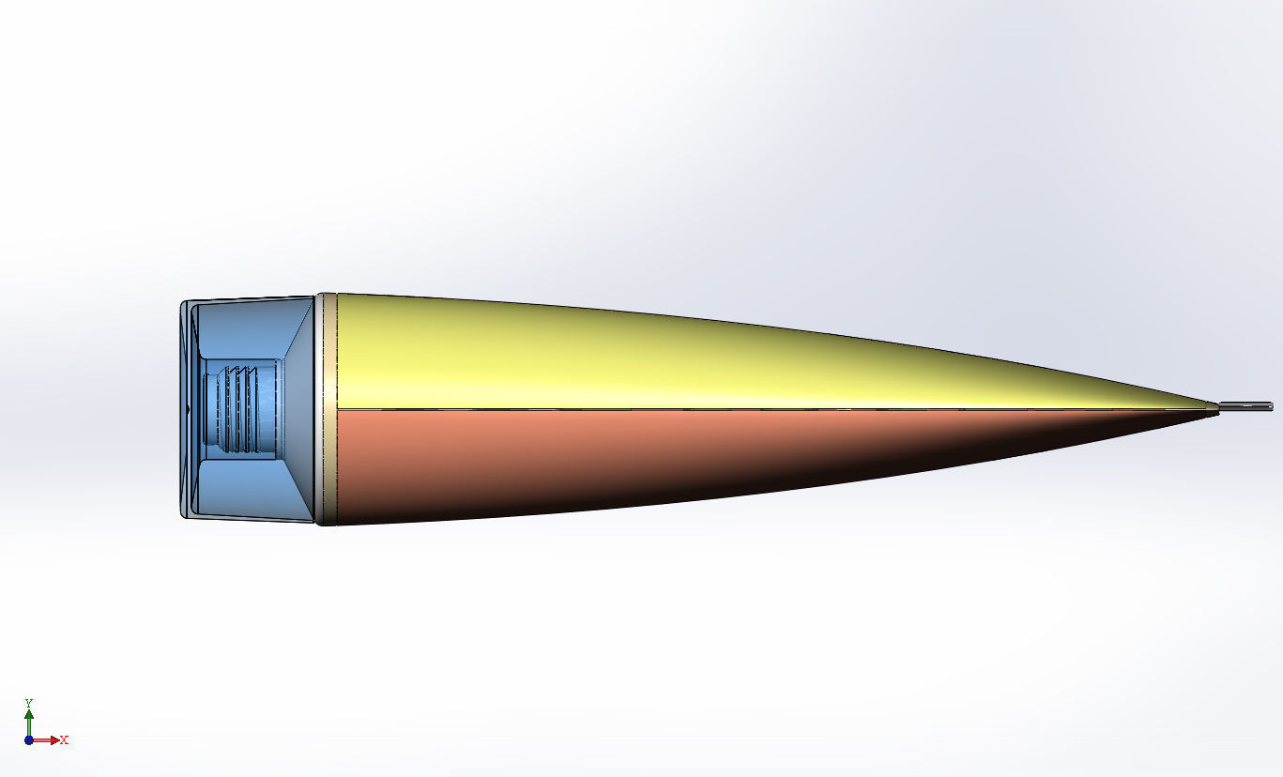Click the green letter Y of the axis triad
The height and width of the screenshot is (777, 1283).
coord(29,703)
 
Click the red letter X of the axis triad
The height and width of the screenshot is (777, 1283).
coord(64,740)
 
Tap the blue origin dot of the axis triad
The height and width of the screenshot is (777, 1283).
coord(29,739)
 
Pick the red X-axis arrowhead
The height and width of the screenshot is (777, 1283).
coord(54,739)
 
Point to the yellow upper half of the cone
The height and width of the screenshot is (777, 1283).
coord(657,357)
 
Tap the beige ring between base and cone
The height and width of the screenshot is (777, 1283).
coord(327,408)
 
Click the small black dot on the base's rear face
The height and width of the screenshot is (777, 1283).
coord(188,409)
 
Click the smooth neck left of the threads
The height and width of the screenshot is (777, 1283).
coord(210,408)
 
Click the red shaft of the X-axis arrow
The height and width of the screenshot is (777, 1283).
coord(42,739)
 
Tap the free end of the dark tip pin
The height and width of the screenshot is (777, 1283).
coord(1271,406)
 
